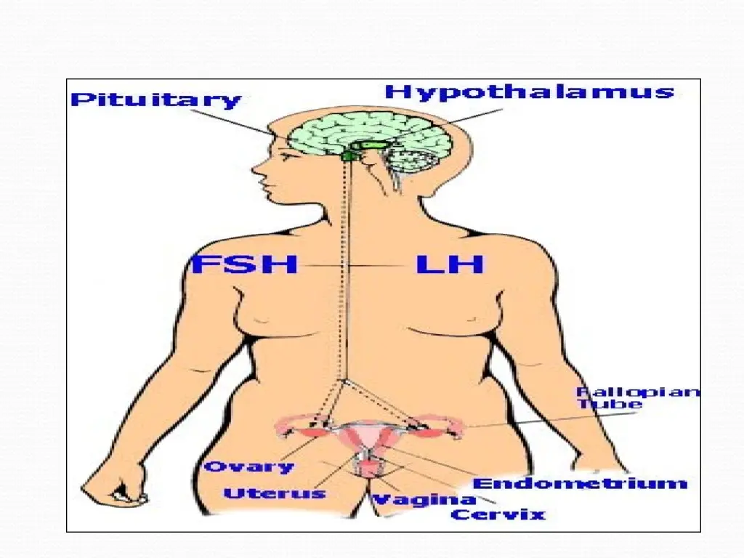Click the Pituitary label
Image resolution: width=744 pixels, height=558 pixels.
155,100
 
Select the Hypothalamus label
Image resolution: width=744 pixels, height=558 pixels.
530,92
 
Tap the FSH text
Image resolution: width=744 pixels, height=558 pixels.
244,264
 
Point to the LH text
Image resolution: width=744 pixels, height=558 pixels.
449,264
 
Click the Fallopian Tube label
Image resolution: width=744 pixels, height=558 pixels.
638,398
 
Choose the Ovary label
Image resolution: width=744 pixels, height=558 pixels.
248,466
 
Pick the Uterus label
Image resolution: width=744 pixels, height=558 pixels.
274,493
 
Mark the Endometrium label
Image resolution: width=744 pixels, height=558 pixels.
579,483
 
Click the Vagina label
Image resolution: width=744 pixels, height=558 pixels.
424,499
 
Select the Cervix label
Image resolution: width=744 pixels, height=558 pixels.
498,514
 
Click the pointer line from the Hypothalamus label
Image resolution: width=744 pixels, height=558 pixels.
450,124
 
